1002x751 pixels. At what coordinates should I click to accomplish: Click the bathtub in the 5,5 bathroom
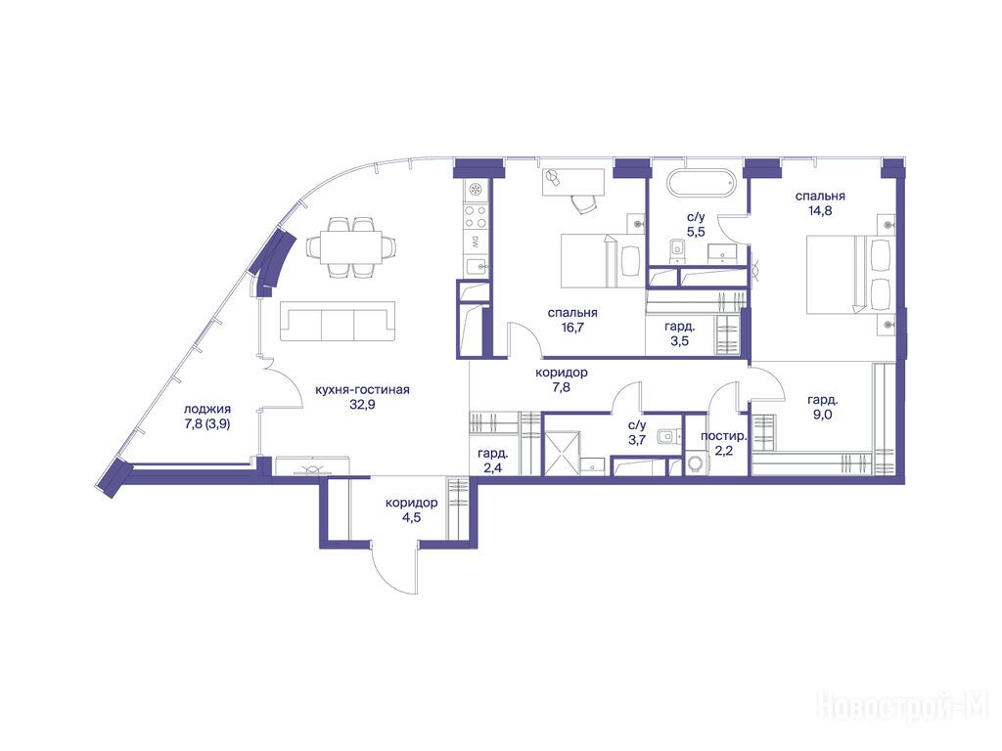point(701,183)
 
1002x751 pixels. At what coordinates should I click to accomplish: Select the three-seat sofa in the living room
point(338,324)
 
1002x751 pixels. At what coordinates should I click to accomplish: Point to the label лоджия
point(207,410)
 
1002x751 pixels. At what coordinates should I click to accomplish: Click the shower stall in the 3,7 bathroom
point(561,453)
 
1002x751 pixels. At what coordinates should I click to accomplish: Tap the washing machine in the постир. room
point(696,463)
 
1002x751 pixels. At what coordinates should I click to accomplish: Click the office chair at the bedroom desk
point(583,202)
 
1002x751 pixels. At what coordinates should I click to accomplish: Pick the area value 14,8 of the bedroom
point(820,211)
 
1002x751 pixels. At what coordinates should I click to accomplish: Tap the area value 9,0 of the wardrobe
point(822,415)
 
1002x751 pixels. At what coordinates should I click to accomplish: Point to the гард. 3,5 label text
point(679,333)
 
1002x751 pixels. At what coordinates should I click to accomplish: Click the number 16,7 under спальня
point(571,328)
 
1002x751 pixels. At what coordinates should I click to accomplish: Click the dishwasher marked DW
point(476,243)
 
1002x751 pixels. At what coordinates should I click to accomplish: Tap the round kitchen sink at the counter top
point(476,189)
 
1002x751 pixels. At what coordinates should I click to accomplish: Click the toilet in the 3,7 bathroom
point(665,435)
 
